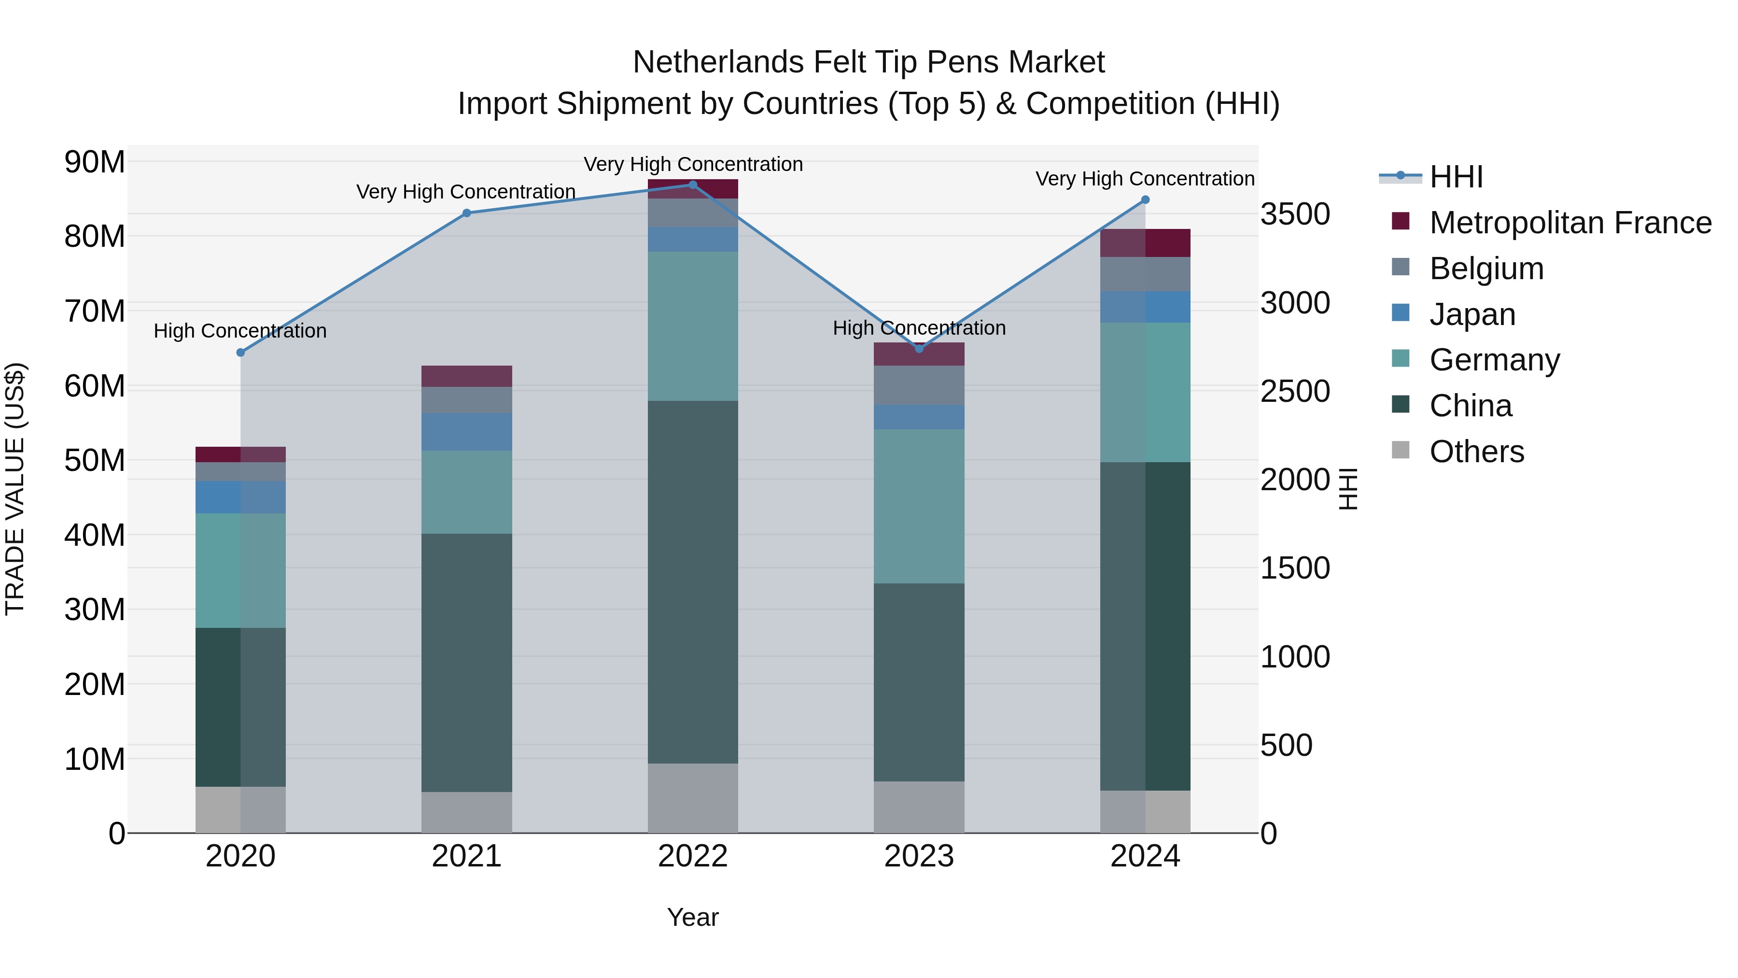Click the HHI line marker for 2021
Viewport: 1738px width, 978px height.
(x=466, y=213)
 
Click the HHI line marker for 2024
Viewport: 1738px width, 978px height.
(x=1145, y=200)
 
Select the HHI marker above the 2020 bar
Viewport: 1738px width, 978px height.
(x=240, y=353)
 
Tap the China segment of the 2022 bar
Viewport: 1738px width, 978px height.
(x=692, y=582)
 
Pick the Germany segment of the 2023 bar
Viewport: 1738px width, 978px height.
(x=918, y=506)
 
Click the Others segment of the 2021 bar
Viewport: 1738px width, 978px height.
(x=466, y=812)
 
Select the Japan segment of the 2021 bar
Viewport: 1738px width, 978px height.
(x=466, y=432)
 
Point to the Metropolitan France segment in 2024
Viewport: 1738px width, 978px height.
(x=1145, y=243)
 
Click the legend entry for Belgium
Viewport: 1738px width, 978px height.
(x=1486, y=269)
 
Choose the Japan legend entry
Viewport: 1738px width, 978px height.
(x=1472, y=314)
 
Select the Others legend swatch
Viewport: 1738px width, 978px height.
(x=1401, y=450)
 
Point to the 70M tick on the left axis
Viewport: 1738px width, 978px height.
(x=95, y=311)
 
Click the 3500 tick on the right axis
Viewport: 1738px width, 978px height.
(x=1295, y=214)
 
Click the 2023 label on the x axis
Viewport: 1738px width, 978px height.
(x=918, y=856)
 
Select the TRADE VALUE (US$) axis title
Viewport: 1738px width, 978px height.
(x=15, y=489)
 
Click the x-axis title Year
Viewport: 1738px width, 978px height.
(x=692, y=917)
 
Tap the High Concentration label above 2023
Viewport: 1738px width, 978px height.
(x=918, y=328)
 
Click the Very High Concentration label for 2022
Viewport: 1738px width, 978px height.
(x=692, y=164)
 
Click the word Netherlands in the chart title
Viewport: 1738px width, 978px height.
(x=718, y=62)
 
